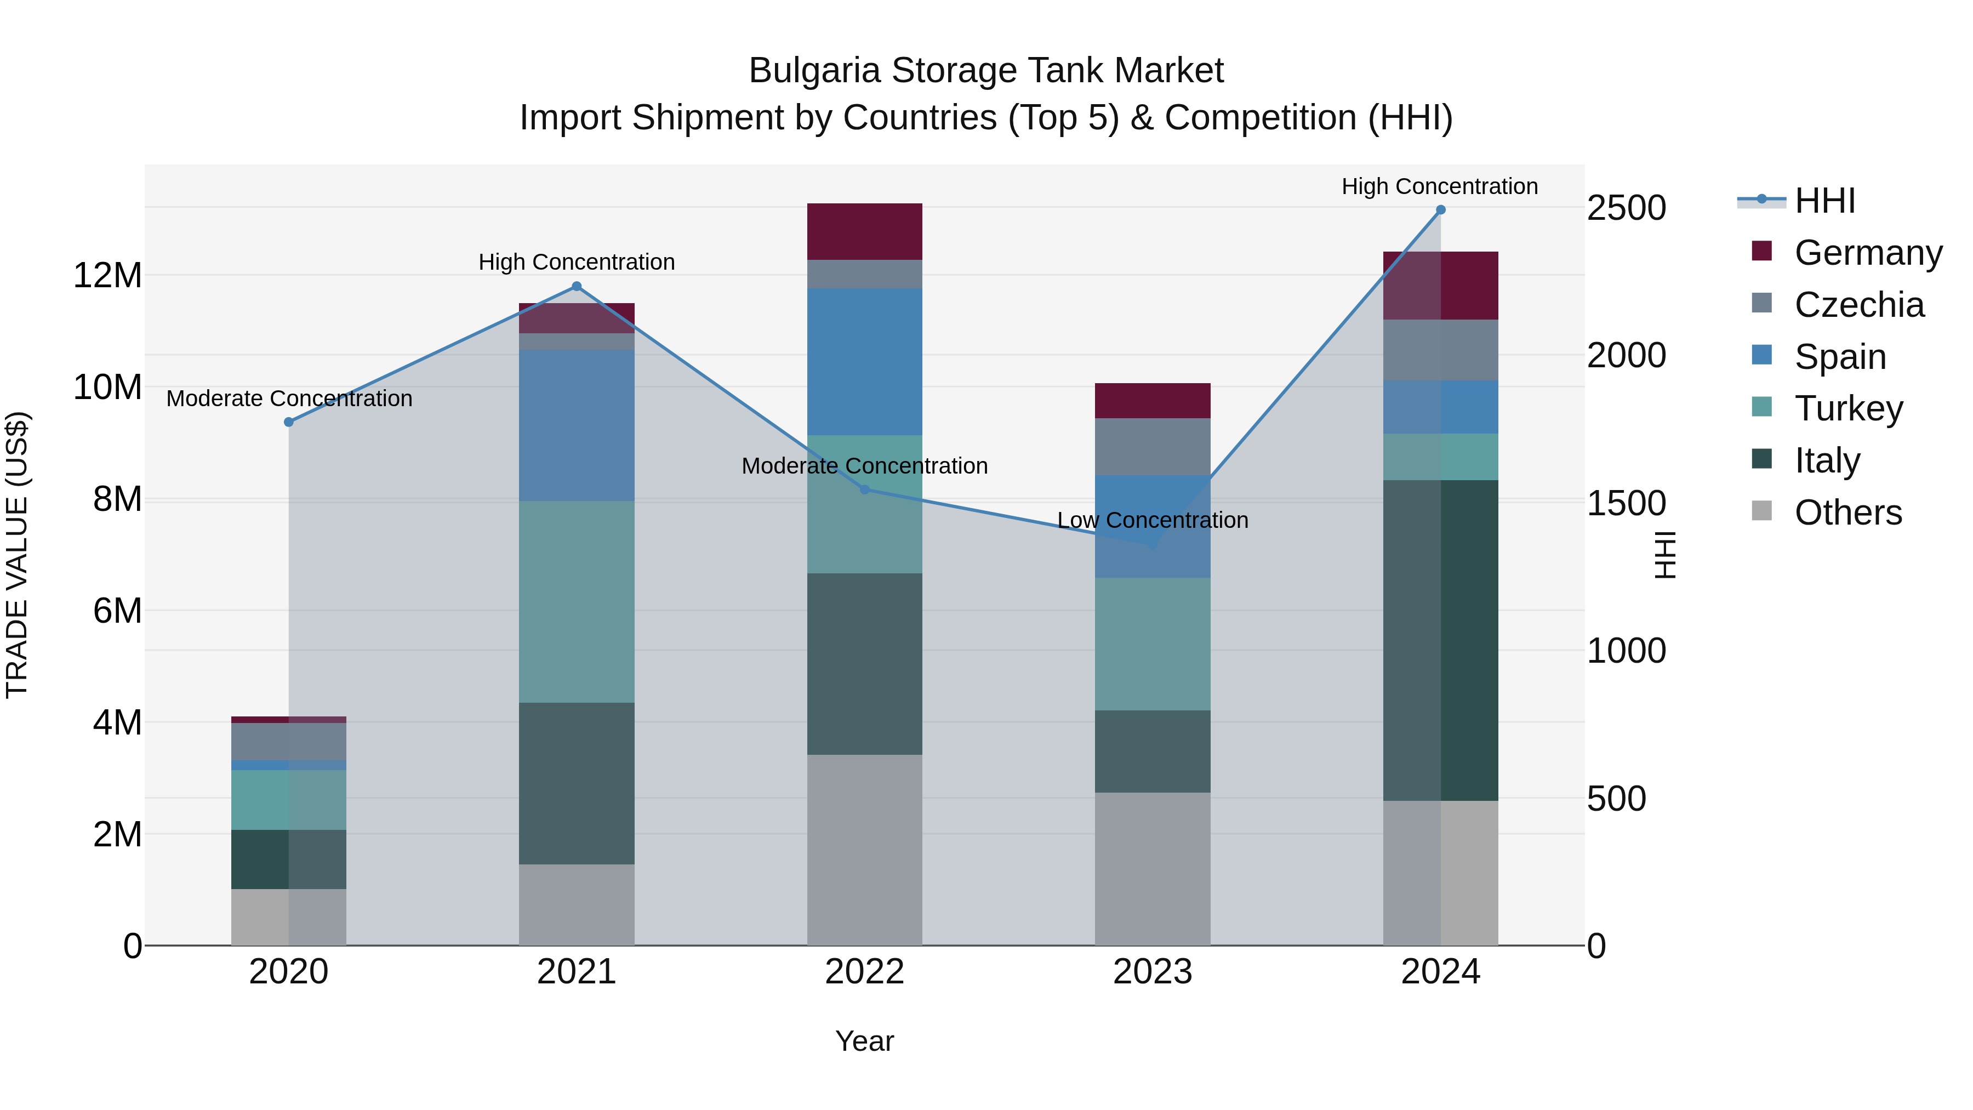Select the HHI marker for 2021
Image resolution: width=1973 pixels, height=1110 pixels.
click(577, 287)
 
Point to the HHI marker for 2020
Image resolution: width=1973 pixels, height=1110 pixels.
click(289, 422)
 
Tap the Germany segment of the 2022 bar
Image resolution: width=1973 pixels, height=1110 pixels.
click(865, 231)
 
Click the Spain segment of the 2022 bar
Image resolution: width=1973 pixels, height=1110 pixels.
click(865, 362)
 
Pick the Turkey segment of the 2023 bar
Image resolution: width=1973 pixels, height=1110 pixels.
click(1153, 644)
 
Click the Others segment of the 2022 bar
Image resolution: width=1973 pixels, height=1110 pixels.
click(865, 850)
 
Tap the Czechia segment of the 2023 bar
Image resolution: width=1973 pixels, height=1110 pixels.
click(1153, 447)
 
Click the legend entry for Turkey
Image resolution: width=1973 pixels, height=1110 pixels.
click(1848, 408)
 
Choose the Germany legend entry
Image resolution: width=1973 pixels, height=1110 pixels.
click(1867, 253)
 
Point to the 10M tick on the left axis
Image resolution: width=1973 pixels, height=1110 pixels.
click(107, 388)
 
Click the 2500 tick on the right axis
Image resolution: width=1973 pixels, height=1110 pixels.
click(1626, 208)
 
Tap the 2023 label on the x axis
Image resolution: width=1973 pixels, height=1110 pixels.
click(1153, 972)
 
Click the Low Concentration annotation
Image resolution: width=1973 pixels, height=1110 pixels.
click(1153, 520)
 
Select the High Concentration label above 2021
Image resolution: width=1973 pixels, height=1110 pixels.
click(577, 262)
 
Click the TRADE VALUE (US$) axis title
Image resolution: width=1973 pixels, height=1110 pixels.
click(17, 555)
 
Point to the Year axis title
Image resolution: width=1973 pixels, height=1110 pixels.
click(865, 1041)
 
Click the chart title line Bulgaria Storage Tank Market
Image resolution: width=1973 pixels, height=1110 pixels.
click(986, 71)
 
